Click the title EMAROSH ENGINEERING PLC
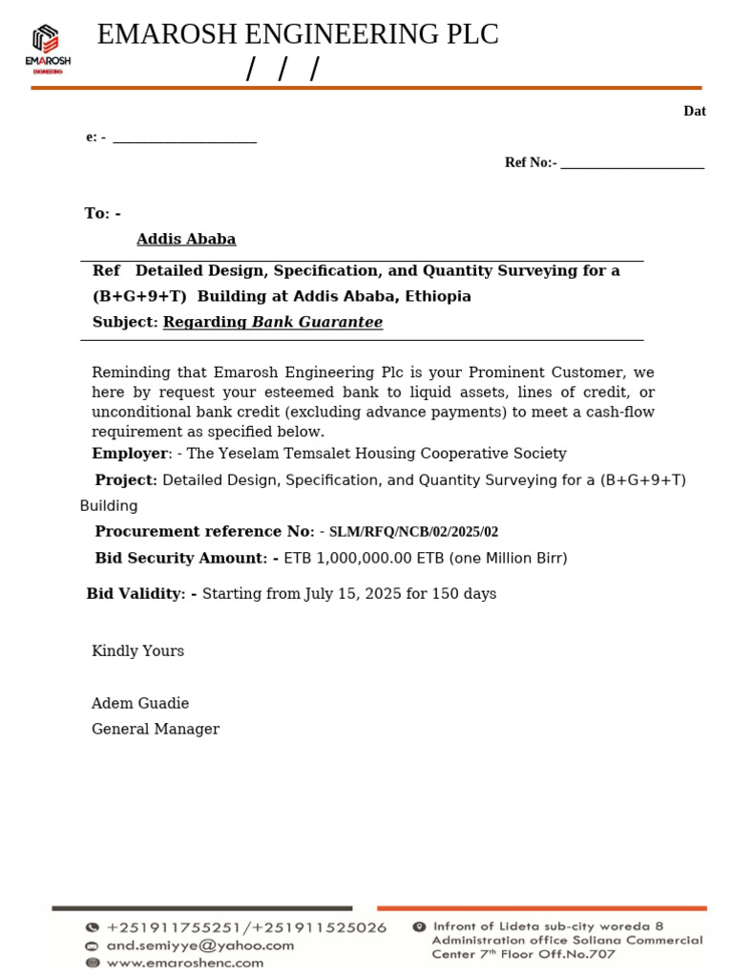[298, 35]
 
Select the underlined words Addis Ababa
[186, 240]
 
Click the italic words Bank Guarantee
[317, 323]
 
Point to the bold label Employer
[130, 454]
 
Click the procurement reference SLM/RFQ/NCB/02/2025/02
[413, 532]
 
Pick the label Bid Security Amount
[178, 558]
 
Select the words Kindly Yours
[137, 651]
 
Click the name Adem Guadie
[140, 704]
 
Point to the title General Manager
[156, 730]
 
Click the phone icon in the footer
[93, 927]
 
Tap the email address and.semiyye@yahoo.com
[200, 946]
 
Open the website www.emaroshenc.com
[185, 963]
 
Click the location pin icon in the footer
[419, 926]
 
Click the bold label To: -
[103, 214]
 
